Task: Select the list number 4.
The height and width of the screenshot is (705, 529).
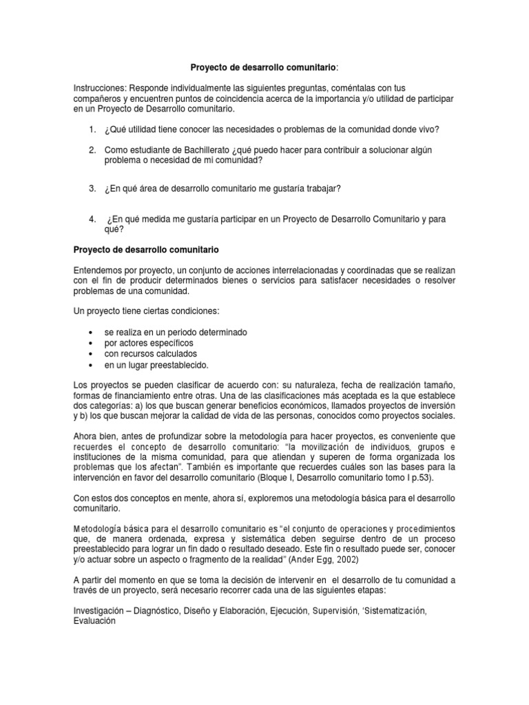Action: point(93,218)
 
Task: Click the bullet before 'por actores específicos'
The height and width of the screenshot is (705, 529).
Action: point(92,342)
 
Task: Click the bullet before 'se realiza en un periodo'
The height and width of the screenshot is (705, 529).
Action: point(92,332)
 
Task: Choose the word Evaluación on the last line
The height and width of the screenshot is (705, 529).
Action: point(97,620)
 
